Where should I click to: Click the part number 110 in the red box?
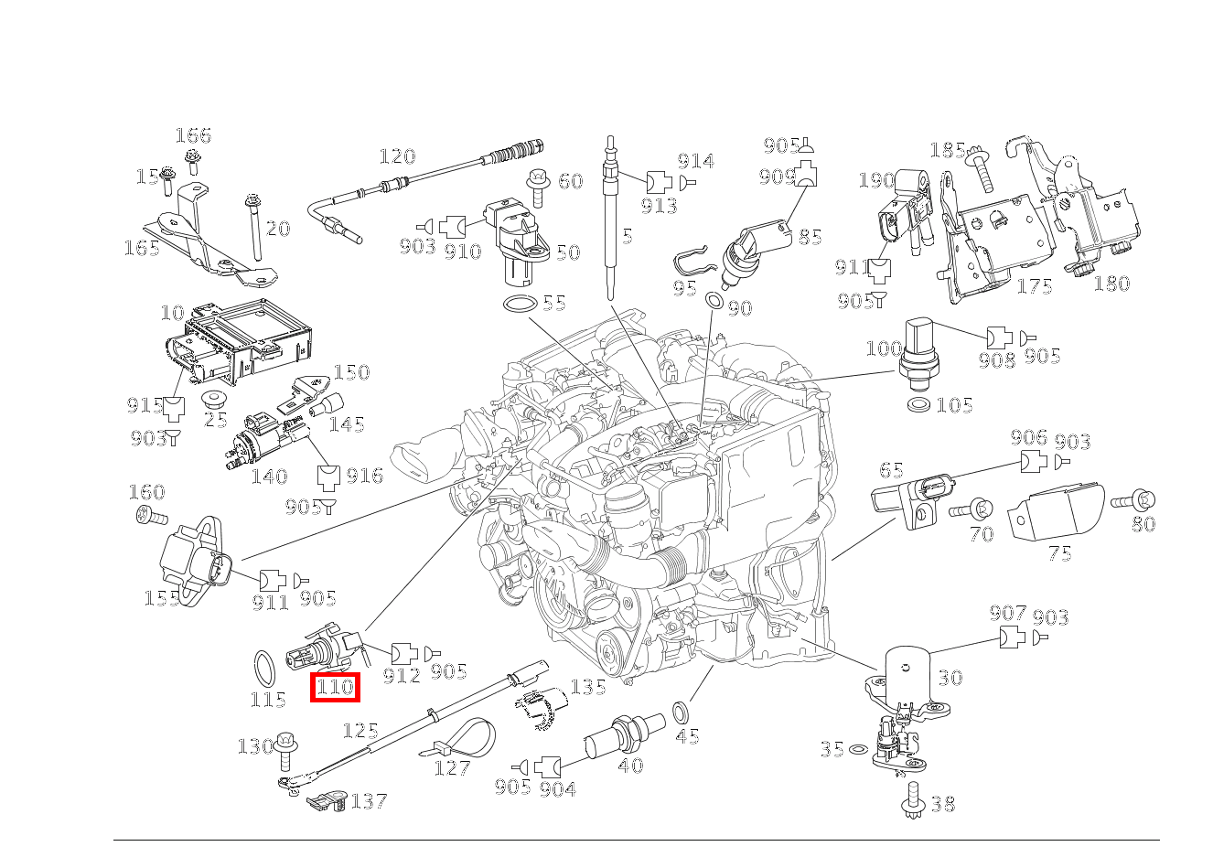point(335,686)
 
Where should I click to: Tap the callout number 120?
point(397,156)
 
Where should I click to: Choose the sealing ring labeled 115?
point(264,669)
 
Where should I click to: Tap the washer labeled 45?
point(682,712)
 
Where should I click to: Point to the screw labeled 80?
point(1133,500)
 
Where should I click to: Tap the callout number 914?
point(695,161)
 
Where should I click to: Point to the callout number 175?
point(1035,286)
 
